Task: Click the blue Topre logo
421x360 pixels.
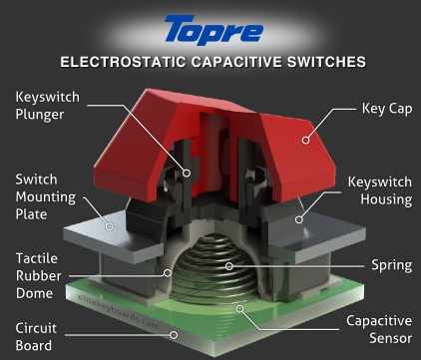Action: point(213,30)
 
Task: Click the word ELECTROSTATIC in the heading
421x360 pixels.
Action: point(123,62)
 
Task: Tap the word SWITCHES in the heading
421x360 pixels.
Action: point(326,62)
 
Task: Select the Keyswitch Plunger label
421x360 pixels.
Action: point(48,106)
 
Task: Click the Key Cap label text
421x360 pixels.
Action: point(387,109)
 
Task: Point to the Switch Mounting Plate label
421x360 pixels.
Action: point(46,196)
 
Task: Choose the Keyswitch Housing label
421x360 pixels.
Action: point(380,190)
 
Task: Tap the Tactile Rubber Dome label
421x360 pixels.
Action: point(39,276)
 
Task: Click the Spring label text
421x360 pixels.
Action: point(392,265)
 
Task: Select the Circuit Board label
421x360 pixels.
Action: point(36,337)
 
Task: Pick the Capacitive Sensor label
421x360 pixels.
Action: point(379,329)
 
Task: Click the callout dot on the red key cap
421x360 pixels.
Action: point(305,140)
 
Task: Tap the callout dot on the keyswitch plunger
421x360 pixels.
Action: point(187,173)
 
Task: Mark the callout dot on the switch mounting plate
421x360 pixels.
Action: point(110,226)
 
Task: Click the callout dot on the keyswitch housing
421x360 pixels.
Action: point(299,219)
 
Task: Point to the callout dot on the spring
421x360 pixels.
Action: point(228,266)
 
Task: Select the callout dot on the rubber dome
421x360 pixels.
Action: point(168,273)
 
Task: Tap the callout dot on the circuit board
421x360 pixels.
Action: point(174,335)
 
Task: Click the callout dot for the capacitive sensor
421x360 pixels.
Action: point(239,309)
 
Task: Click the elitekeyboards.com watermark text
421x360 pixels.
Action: point(118,311)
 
